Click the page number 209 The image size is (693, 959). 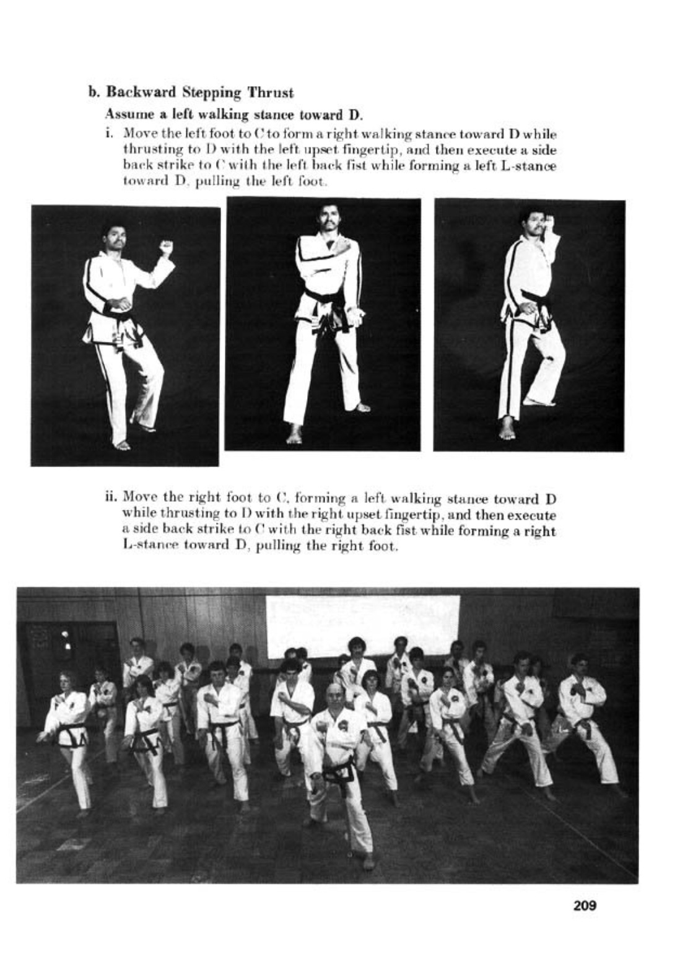coord(585,906)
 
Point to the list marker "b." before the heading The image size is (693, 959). coord(94,93)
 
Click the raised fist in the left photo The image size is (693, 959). coord(165,247)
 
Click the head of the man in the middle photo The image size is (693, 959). coord(328,217)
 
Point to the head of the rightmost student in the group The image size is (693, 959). coord(580,664)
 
